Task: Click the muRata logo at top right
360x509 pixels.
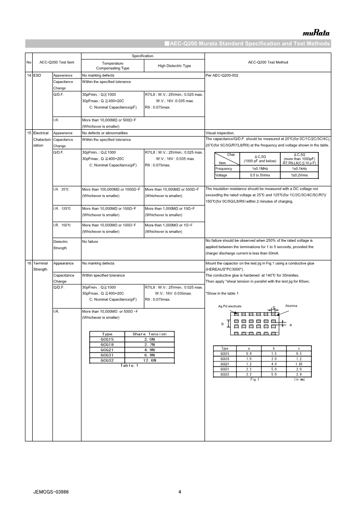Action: pos(316,33)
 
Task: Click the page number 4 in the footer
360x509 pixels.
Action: pos(180,492)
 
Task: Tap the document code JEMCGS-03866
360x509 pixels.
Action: pos(51,492)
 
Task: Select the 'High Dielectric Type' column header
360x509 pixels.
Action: pos(174,66)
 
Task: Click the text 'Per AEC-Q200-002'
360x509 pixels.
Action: pos(222,75)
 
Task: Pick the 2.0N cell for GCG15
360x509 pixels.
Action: pos(149,339)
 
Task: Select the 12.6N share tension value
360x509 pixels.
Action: pos(149,360)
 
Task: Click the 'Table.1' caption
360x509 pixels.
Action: pos(129,366)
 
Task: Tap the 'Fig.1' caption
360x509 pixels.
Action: pos(254,379)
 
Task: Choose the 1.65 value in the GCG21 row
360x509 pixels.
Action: pos(298,364)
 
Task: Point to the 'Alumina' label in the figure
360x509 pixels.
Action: pos(291,306)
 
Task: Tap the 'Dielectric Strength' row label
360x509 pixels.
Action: pos(60,245)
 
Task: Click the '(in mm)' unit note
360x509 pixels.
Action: pos(299,379)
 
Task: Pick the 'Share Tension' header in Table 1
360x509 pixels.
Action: pos(149,334)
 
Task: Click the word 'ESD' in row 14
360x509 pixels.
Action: pos(38,75)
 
